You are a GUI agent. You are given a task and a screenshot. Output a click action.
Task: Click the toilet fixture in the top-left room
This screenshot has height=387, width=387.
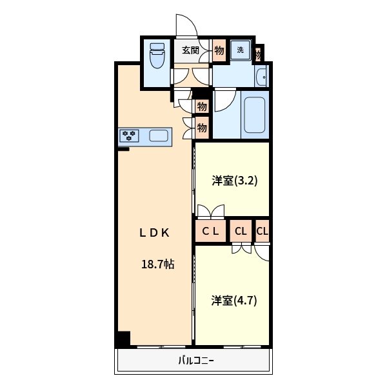[157, 58]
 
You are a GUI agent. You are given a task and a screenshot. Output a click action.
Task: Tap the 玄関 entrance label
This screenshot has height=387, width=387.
[190, 50]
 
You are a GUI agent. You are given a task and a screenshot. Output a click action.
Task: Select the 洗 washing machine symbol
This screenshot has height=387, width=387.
[240, 50]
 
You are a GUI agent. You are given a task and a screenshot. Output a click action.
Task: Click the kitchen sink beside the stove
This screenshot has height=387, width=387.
[159, 135]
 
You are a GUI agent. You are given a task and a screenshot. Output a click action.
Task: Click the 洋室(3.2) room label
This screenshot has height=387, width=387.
[235, 181]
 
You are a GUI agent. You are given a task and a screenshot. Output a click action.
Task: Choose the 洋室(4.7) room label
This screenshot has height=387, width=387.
[235, 300]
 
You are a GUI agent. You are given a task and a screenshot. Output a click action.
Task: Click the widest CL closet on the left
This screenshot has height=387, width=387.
[211, 231]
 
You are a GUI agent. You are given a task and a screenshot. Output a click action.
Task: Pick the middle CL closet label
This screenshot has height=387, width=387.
[241, 231]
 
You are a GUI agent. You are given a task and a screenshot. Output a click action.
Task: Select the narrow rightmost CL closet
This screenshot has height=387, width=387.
[262, 231]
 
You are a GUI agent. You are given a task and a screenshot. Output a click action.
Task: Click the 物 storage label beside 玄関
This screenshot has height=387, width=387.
[219, 50]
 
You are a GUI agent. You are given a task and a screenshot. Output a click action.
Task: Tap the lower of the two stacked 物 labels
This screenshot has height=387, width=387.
[202, 128]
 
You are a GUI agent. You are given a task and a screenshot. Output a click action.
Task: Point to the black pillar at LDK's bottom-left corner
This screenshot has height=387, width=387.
[123, 339]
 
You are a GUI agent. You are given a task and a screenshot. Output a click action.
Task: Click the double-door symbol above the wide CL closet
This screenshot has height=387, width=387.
[211, 212]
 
